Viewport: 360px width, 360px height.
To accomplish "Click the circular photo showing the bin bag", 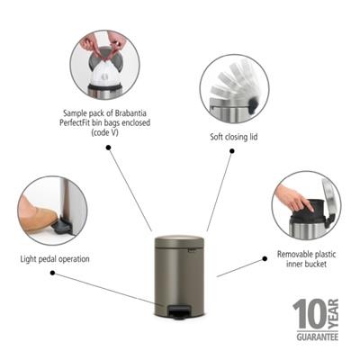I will point(104,65).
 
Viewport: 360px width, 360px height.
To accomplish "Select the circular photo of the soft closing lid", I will point(235,88).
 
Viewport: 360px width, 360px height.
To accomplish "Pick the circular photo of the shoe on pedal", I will point(51,211).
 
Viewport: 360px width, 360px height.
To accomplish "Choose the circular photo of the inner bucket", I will point(306,205).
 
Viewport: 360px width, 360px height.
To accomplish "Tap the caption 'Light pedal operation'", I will point(54,259).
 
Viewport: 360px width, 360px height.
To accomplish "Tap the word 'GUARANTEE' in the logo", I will point(317,337).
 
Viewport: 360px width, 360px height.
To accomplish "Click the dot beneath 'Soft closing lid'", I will point(231,152).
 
